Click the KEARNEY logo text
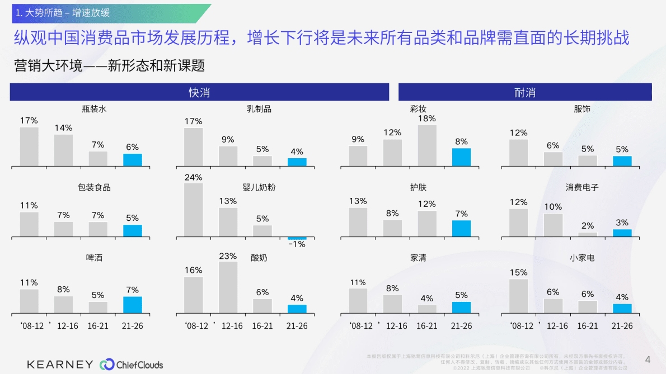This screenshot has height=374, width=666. [60, 364]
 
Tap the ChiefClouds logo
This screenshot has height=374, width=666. [132, 364]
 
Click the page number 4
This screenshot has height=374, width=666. [648, 359]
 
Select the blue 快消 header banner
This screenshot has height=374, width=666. [199, 92]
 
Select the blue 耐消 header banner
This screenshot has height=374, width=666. [524, 92]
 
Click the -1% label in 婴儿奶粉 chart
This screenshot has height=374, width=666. [297, 244]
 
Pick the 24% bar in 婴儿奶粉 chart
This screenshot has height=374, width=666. [194, 210]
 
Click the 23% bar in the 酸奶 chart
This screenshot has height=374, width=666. [228, 287]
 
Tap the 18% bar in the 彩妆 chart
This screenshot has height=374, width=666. [427, 145]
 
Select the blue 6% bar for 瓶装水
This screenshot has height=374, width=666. [133, 160]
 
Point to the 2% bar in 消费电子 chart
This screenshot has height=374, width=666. [588, 234]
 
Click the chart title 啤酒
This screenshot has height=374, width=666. [94, 258]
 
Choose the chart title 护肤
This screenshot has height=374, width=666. [418, 187]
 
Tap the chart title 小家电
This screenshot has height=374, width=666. [582, 258]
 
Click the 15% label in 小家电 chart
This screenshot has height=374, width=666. [518, 272]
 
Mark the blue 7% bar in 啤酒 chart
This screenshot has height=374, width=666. [133, 305]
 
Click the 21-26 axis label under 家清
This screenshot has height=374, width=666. [461, 326]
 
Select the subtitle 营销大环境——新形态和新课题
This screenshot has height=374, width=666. [109, 65]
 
